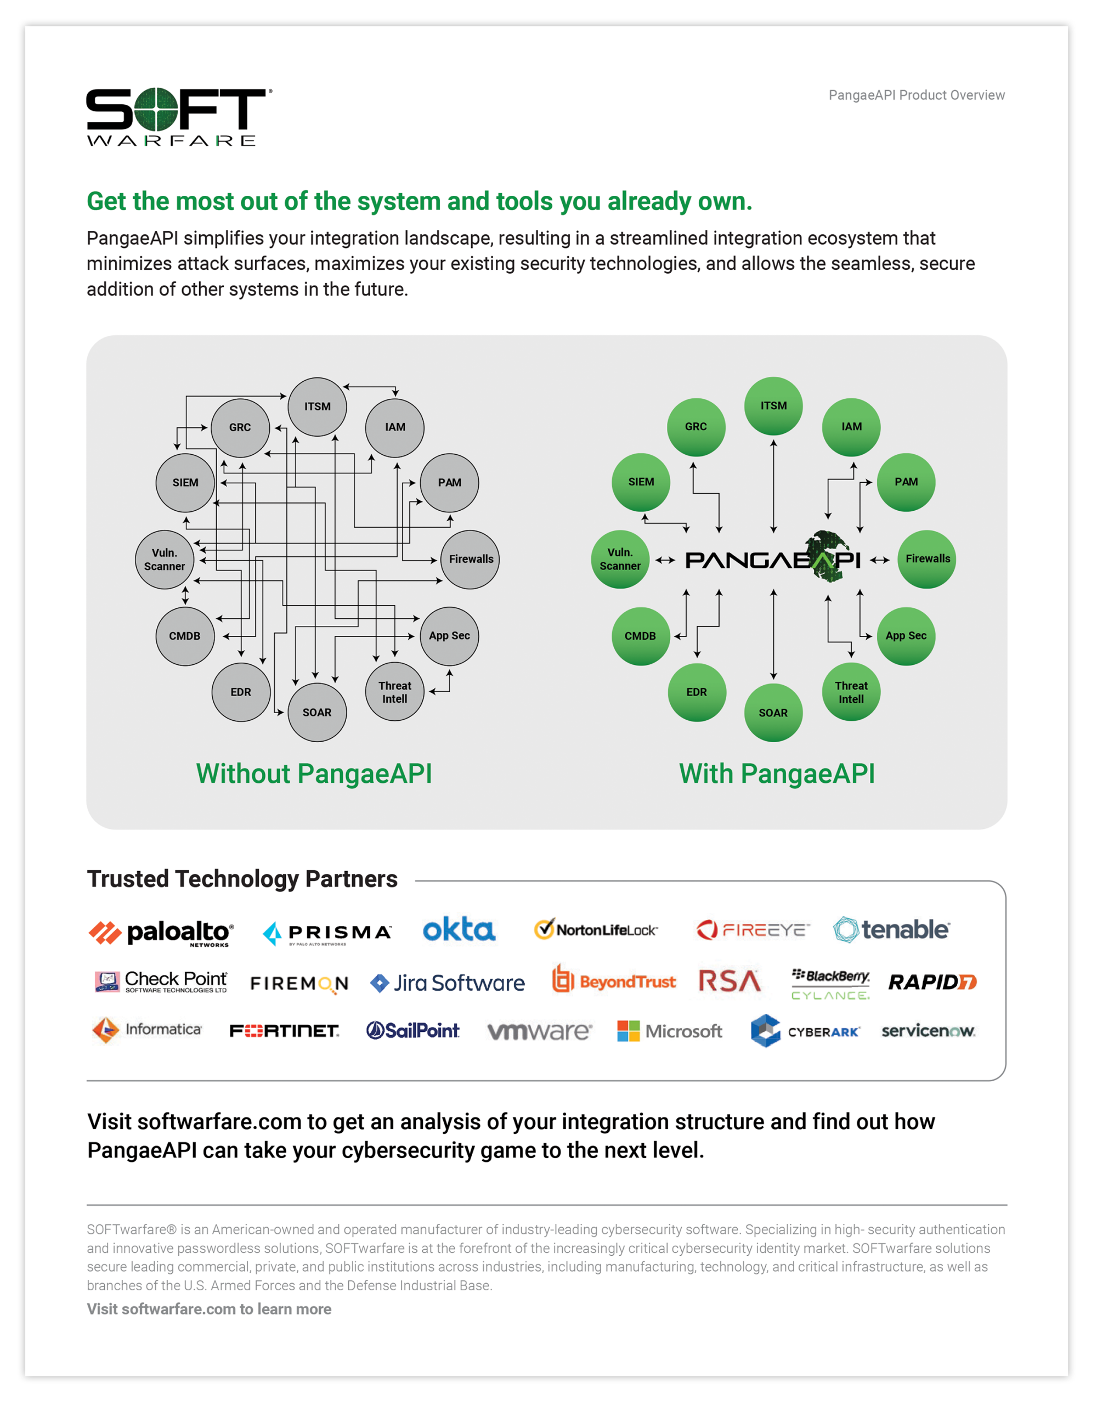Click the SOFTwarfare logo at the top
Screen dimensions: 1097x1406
179,117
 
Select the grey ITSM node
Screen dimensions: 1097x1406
318,407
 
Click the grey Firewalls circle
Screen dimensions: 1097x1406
470,560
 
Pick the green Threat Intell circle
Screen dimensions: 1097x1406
851,692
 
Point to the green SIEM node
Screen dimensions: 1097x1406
641,482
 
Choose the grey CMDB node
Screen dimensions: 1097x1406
185,636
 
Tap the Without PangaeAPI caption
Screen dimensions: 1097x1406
314,774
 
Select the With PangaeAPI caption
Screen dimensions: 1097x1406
777,774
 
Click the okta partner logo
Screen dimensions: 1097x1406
459,930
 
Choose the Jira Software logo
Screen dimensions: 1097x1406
448,983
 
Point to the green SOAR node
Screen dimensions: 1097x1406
773,713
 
